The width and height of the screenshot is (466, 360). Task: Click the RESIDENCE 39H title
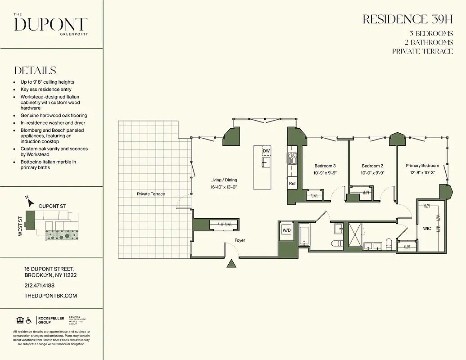(407, 19)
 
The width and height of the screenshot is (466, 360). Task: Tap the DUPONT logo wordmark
(51, 24)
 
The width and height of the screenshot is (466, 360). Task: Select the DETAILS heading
(35, 71)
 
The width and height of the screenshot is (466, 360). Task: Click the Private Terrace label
(151, 194)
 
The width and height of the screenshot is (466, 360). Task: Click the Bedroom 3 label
(325, 166)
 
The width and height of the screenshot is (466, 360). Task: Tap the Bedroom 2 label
(372, 166)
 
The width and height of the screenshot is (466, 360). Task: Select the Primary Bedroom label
(422, 166)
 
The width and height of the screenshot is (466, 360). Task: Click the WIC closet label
(427, 229)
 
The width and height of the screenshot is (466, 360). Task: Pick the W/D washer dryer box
(286, 230)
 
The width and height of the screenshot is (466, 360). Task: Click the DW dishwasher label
(266, 151)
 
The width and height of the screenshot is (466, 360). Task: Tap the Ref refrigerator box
(292, 184)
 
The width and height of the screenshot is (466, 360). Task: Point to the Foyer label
(240, 240)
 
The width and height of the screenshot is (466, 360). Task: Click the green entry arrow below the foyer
(231, 264)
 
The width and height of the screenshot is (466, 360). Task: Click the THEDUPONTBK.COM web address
(51, 296)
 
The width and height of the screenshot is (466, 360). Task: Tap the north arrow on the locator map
(30, 202)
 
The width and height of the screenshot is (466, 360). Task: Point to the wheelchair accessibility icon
(29, 320)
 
